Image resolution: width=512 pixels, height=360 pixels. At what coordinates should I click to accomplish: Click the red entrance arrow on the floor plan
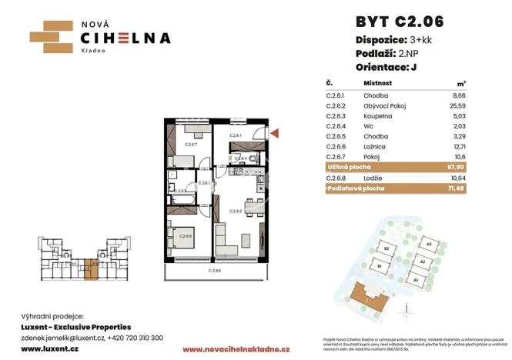[x=275, y=134]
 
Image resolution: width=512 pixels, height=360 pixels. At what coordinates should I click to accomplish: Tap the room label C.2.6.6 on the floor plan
[x=187, y=236]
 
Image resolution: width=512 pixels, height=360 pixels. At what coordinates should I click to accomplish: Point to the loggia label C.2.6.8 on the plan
[x=215, y=271]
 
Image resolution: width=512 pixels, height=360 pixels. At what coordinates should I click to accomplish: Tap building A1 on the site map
[x=417, y=281]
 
